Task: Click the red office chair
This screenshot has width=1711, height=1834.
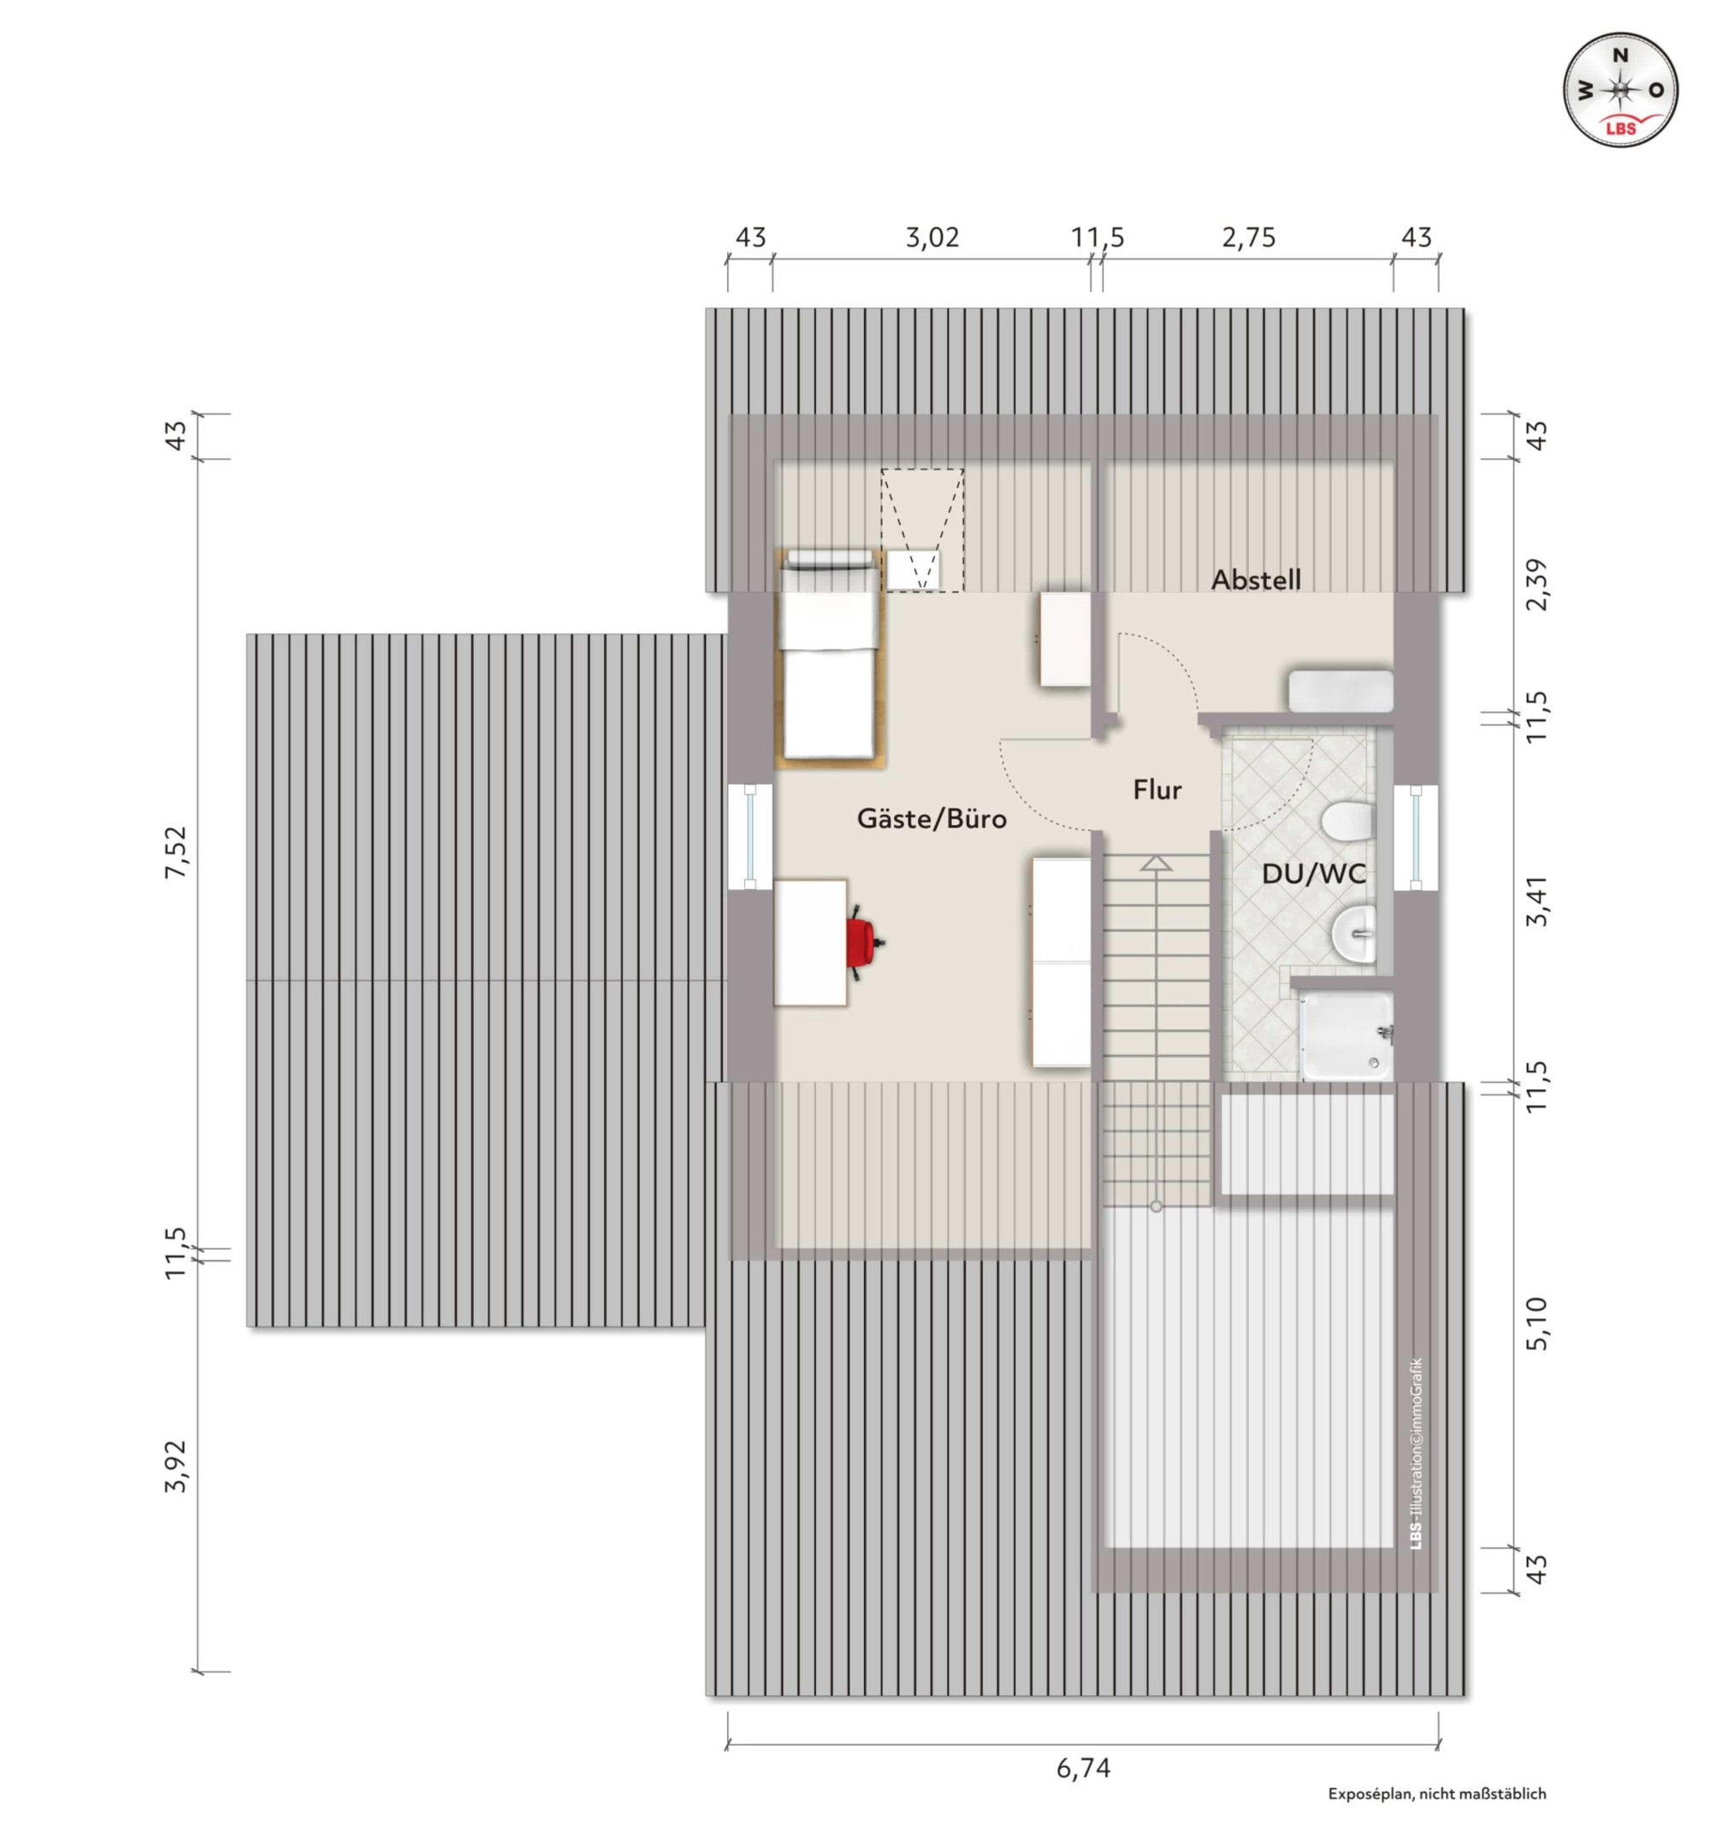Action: click(x=862, y=943)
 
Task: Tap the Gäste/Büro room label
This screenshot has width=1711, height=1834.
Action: click(x=932, y=819)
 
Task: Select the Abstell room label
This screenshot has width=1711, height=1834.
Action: click(x=1255, y=580)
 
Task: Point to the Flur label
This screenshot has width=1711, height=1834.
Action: click(x=1157, y=790)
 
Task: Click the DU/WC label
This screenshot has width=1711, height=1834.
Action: click(x=1313, y=874)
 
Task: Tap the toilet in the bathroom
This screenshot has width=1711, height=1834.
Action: click(x=1347, y=820)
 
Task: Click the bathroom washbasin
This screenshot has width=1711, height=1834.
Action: click(x=1353, y=934)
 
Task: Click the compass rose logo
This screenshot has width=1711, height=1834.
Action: click(x=1620, y=90)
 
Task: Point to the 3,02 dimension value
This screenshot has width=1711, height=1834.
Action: click(x=932, y=238)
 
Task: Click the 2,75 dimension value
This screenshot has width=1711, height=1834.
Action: click(x=1249, y=238)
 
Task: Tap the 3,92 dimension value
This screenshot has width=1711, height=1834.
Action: click(x=175, y=1466)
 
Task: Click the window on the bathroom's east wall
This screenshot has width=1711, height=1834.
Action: click(x=1415, y=837)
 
